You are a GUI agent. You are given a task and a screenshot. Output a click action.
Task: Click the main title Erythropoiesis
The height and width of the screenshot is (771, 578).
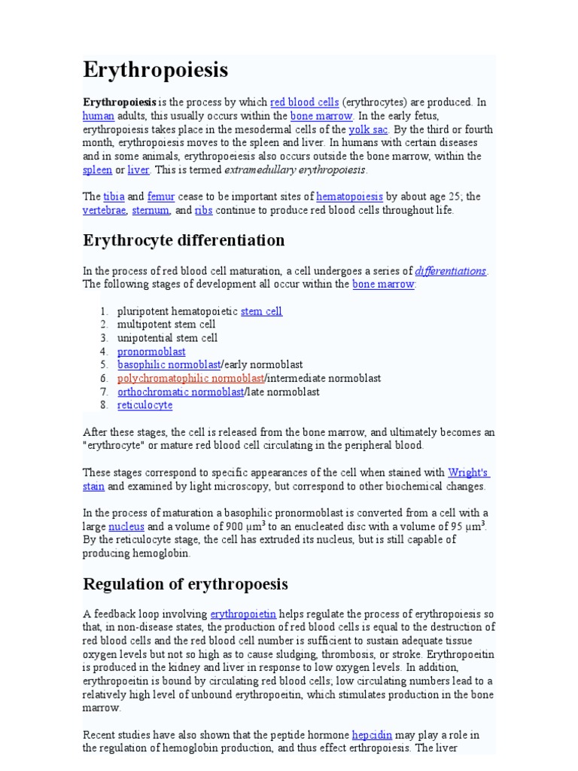155,71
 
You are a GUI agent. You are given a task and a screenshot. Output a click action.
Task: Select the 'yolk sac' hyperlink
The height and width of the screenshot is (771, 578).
368,130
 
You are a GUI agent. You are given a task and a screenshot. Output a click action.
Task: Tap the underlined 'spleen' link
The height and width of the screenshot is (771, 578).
97,170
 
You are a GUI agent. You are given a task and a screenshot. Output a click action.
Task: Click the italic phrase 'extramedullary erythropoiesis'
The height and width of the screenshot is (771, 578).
300,170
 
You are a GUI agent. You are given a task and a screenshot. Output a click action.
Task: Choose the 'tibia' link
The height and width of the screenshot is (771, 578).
114,197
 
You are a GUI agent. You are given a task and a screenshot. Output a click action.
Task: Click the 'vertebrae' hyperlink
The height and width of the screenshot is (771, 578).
104,211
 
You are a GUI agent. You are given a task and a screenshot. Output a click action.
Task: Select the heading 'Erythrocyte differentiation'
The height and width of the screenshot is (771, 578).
184,241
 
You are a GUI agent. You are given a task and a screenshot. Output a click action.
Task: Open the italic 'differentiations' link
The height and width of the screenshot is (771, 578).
451,271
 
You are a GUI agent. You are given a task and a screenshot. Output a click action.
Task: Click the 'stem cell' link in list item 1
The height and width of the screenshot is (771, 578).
261,312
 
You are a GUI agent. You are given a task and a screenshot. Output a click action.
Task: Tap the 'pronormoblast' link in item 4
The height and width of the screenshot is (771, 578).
151,352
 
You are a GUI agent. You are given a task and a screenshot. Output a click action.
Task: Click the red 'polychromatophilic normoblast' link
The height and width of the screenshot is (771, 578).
190,379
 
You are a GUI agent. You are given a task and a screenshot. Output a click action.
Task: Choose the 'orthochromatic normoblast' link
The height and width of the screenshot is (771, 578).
181,392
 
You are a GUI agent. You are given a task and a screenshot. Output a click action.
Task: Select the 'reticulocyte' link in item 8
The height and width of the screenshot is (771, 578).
144,406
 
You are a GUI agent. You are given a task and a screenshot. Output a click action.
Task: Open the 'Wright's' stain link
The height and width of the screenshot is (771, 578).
468,474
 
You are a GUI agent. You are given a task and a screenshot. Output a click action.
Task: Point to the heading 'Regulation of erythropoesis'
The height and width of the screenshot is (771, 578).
185,585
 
